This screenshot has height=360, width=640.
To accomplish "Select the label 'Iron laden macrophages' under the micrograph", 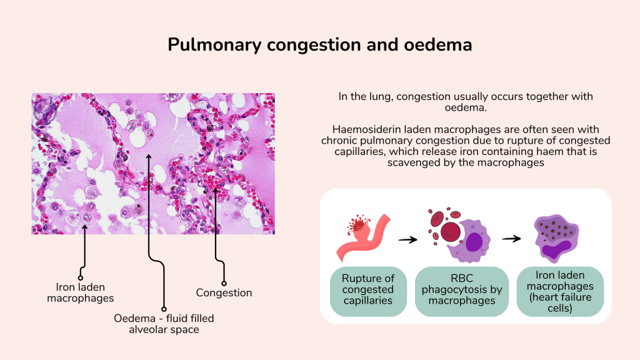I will pyautogui.click(x=81, y=292).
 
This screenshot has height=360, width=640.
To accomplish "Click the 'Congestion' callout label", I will pyautogui.click(x=224, y=292).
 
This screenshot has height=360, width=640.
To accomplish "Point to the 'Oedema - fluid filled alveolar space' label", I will pyautogui.click(x=164, y=323).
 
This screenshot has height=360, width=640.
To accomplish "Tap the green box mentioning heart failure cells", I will pyautogui.click(x=560, y=291).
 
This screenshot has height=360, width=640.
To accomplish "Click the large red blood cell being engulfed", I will pyautogui.click(x=451, y=232).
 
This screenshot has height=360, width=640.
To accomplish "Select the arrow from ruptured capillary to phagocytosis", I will pyautogui.click(x=408, y=239).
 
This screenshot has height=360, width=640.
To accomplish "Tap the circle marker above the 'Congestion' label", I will pyautogui.click(x=224, y=283).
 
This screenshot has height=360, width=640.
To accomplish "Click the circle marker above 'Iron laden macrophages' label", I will pyautogui.click(x=81, y=277).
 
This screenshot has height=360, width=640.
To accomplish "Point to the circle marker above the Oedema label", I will pyautogui.click(x=164, y=309).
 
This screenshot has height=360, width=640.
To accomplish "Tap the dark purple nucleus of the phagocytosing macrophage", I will pyautogui.click(x=474, y=241).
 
